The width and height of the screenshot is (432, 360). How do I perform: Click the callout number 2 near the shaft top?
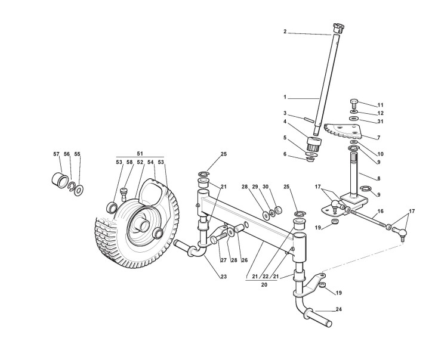click(285, 32)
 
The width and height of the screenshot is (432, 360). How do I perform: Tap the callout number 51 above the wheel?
click(140, 153)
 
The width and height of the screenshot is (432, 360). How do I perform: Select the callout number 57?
click(57, 154)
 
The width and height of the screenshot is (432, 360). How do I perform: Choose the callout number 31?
click(380, 121)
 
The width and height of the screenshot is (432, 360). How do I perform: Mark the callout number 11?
click(380, 105)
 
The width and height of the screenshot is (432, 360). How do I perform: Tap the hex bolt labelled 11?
click(353, 102)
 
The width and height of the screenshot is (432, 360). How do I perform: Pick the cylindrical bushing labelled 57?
click(60, 179)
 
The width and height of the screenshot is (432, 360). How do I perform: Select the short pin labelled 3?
click(308, 119)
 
